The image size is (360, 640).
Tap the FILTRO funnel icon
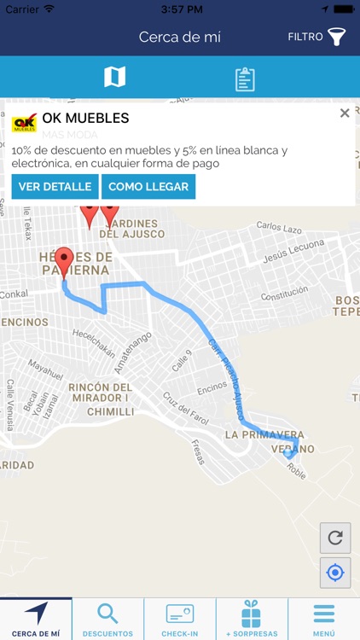point(337,38)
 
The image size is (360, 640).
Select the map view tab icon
point(114,78)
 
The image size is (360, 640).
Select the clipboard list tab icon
point(245,79)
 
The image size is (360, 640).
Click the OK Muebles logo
point(24,123)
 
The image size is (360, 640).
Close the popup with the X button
point(345,113)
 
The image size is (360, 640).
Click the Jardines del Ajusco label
point(131,230)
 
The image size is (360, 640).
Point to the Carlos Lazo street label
point(279,228)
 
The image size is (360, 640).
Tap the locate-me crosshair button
point(335,573)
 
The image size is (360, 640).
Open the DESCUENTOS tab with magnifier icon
point(107,619)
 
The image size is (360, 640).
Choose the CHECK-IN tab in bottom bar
point(179,619)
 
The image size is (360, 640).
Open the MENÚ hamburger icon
point(323,619)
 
